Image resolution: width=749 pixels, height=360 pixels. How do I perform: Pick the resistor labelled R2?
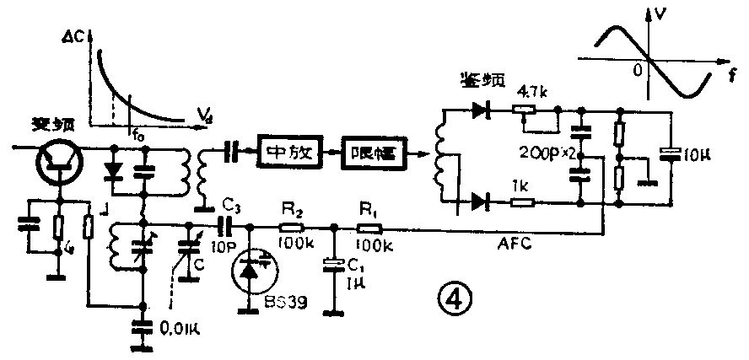293,227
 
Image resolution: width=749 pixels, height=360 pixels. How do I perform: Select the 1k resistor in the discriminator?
523,202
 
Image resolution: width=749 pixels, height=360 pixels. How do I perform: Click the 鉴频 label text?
482,80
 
